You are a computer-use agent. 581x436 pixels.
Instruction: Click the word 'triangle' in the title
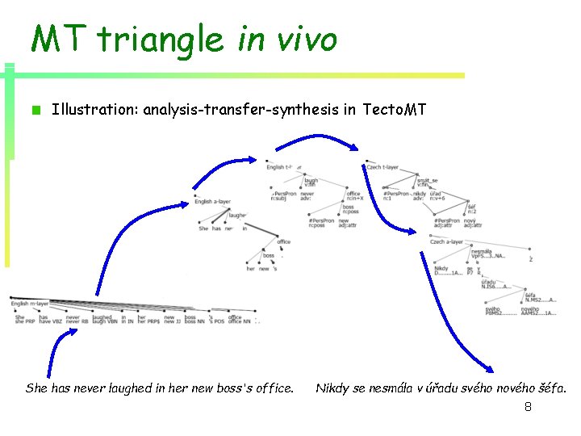point(161,38)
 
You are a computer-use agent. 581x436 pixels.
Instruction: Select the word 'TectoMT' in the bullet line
point(395,109)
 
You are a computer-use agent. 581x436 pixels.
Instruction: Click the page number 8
point(528,407)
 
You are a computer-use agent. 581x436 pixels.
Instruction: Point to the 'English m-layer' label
point(30,304)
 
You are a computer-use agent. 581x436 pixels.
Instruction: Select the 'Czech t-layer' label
point(382,167)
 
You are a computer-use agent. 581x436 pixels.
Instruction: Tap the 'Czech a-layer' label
point(446,241)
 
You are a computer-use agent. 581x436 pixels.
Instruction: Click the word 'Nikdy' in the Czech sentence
point(331,388)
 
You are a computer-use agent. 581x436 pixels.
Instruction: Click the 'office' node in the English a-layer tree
point(283,241)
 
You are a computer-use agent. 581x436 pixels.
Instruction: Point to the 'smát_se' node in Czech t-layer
point(428,182)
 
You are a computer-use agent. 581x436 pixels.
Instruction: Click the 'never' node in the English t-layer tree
point(307,195)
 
